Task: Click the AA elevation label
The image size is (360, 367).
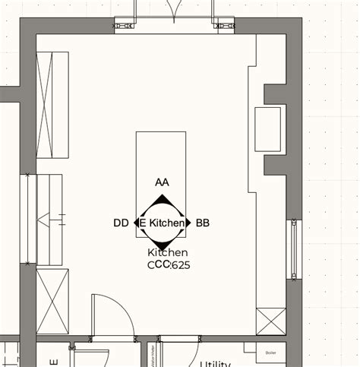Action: click(x=162, y=182)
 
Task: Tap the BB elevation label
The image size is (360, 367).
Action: click(x=203, y=223)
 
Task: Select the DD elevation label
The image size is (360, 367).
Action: click(x=121, y=223)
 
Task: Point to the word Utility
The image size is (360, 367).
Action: click(x=215, y=363)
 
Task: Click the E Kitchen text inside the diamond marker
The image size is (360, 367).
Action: click(x=163, y=223)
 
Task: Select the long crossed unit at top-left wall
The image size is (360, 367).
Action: click(x=52, y=105)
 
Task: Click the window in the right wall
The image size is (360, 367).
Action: click(x=293, y=250)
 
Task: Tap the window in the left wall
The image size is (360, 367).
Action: click(x=31, y=220)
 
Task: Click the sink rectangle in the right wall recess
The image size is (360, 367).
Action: click(x=268, y=130)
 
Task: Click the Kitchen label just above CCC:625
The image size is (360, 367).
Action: click(x=168, y=252)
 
